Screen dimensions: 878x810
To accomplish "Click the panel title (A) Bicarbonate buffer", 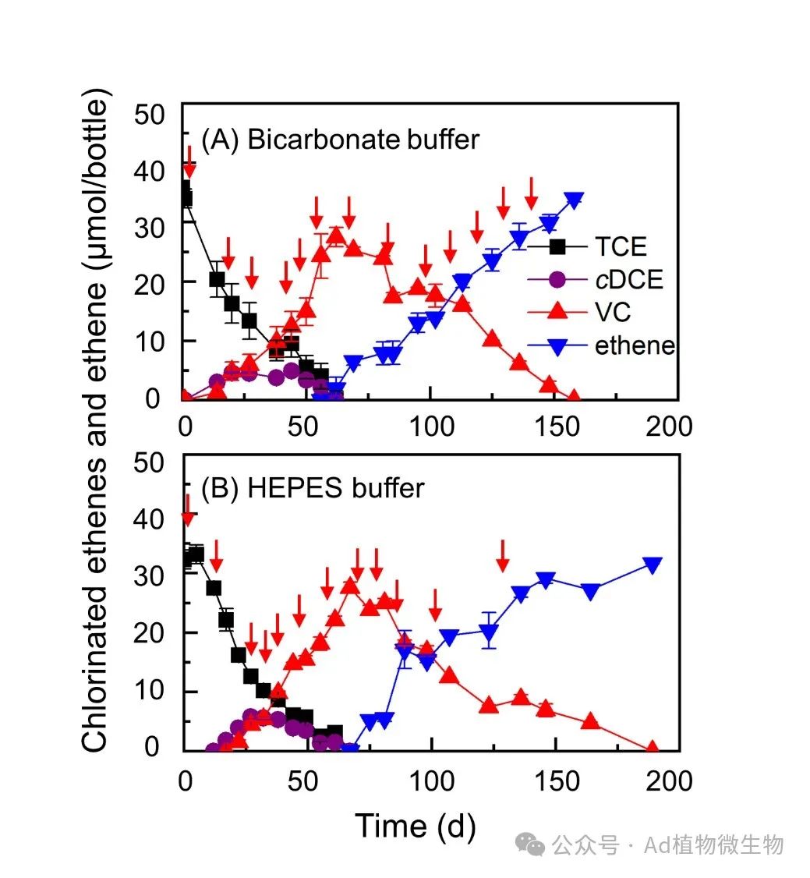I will point(340,140).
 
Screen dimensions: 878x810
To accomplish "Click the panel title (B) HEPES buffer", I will point(313,488).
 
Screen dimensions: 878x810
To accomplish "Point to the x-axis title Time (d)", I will point(415,826).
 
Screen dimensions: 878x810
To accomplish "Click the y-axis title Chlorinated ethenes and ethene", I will point(96,421).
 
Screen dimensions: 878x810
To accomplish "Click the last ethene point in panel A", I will point(575,200).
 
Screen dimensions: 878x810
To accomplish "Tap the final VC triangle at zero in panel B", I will point(652,749).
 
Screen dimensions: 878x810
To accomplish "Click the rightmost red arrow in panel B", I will point(503,554).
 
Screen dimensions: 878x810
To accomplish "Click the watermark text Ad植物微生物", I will point(713,844).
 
